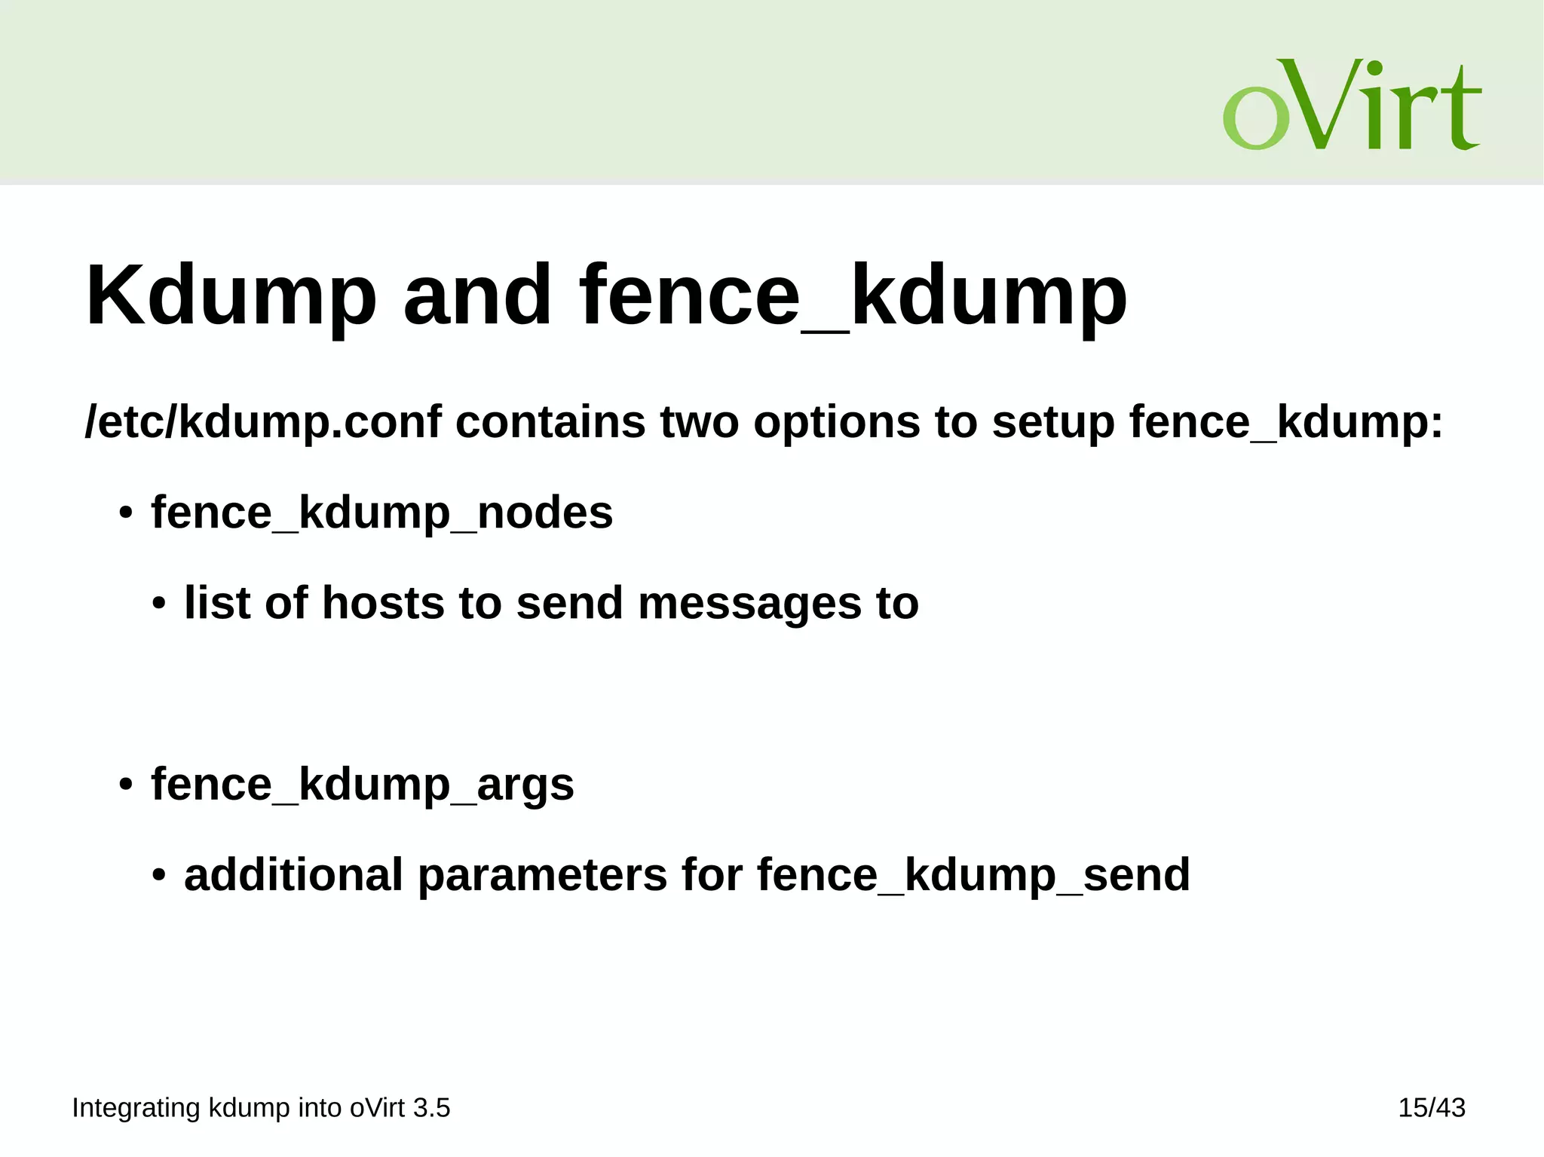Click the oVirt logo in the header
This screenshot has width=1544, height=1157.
click(x=1352, y=105)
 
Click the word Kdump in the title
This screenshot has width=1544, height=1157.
click(x=231, y=295)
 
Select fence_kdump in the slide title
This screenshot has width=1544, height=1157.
click(x=853, y=295)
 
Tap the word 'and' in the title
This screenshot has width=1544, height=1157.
click(x=477, y=295)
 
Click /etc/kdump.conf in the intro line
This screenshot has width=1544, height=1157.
click(x=263, y=422)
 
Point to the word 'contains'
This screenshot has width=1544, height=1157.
click(x=550, y=422)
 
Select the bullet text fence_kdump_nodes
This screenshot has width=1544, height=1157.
click(x=381, y=513)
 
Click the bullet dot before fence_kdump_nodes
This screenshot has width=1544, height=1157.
click(x=126, y=515)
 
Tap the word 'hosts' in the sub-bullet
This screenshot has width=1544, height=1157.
click(x=383, y=604)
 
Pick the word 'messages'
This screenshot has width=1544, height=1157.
click(x=749, y=604)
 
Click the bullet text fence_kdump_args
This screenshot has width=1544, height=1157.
click(x=362, y=785)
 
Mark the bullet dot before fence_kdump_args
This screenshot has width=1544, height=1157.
click(x=126, y=786)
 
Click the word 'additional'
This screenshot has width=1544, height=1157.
click(x=293, y=875)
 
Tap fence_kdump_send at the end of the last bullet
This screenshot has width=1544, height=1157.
click(x=973, y=875)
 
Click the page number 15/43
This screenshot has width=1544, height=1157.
click(x=1432, y=1108)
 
